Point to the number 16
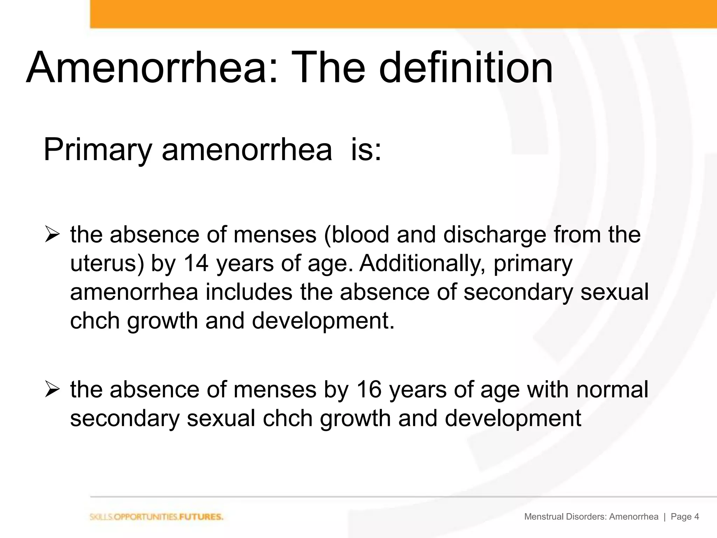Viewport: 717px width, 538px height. [x=368, y=389]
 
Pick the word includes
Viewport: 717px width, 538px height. [x=249, y=292]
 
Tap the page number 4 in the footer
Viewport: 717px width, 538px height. [x=696, y=517]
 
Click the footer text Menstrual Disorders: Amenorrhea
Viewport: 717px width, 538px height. [x=591, y=517]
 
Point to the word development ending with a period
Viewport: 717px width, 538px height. [x=323, y=321]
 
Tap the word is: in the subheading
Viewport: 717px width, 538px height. [x=366, y=150]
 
